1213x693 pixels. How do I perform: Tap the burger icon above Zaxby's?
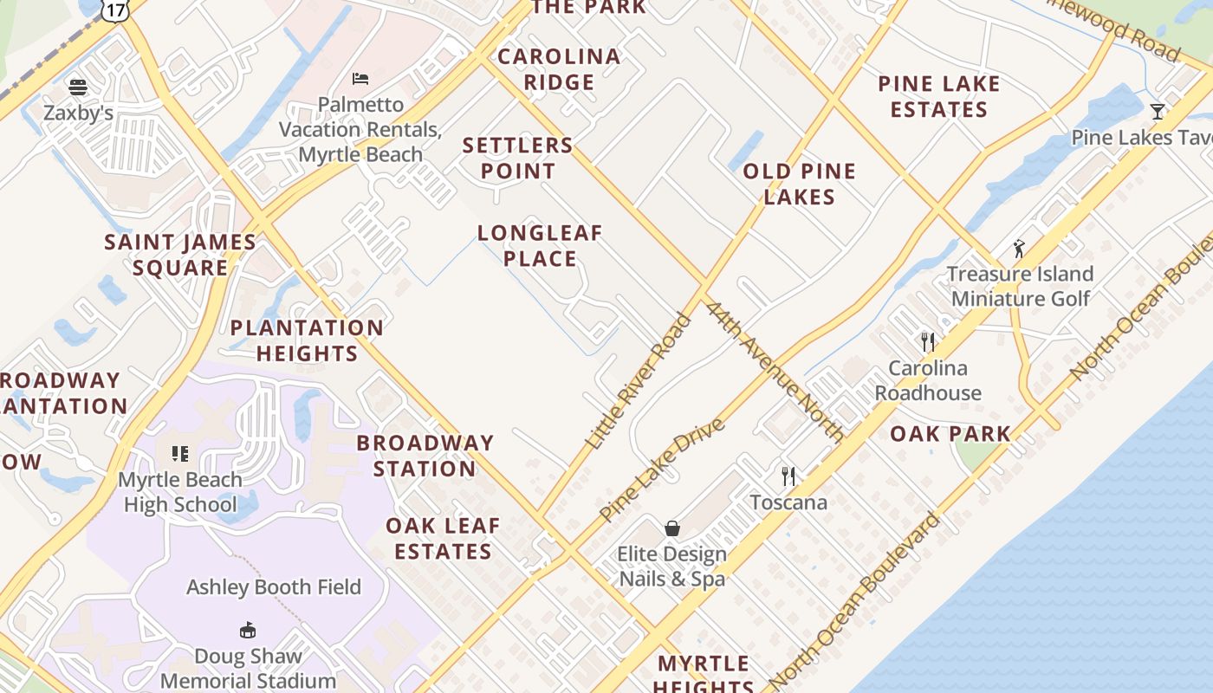(x=78, y=87)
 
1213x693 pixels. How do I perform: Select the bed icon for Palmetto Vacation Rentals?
(x=360, y=79)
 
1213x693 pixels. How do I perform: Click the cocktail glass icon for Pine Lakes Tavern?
(x=1158, y=111)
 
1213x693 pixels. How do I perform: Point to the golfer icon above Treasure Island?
(x=1019, y=249)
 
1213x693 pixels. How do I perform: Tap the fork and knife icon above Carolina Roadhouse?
(x=928, y=341)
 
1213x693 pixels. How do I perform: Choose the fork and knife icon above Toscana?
(x=788, y=476)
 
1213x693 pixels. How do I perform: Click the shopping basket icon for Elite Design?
(x=671, y=528)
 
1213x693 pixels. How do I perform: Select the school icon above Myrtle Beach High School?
(x=180, y=453)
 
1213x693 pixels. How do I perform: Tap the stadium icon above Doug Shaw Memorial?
(x=248, y=630)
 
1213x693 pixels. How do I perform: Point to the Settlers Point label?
(x=518, y=158)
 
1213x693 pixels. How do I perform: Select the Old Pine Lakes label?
(x=799, y=184)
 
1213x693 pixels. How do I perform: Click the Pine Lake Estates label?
(x=939, y=96)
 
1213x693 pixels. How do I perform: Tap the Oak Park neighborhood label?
(x=950, y=433)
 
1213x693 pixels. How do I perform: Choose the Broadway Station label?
(x=425, y=456)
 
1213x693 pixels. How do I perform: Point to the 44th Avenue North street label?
(x=774, y=371)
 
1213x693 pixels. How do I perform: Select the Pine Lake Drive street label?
(x=662, y=470)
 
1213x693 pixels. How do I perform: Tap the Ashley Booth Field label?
(x=274, y=587)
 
